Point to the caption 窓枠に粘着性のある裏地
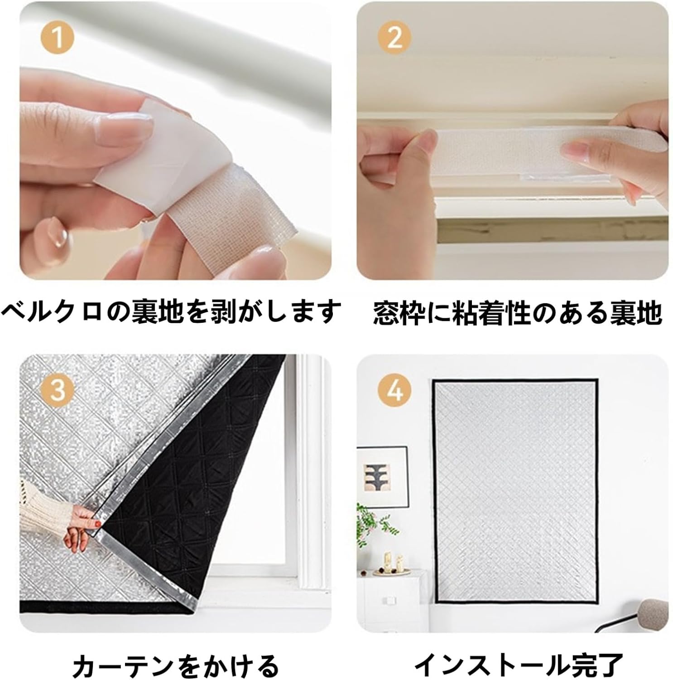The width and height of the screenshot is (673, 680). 517,313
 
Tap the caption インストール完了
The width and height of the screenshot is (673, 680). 519,665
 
